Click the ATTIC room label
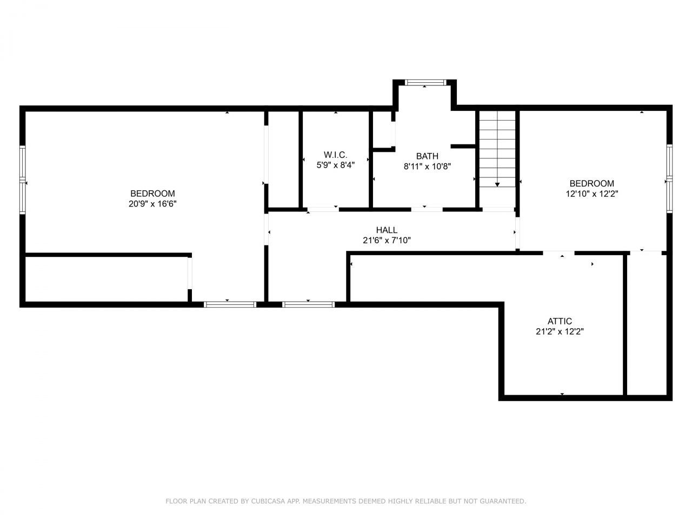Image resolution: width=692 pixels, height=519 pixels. tap(560, 321)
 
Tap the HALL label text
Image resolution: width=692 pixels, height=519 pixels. tap(387, 230)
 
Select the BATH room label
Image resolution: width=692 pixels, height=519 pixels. tap(427, 156)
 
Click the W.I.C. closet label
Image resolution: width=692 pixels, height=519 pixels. tap(335, 155)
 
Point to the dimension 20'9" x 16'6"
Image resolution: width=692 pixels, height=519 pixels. tap(152, 204)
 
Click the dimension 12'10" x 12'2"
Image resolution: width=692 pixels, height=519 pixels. tap(591, 194)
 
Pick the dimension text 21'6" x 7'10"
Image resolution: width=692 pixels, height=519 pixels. tap(387, 241)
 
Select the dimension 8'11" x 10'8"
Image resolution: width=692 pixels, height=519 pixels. tap(427, 167)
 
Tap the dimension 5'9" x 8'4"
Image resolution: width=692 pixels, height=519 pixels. tap(335, 165)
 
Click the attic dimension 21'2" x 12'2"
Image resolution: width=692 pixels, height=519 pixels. tap(560, 331)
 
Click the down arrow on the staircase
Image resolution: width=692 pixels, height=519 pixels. tap(497, 184)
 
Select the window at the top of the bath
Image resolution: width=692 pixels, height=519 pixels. tap(425, 83)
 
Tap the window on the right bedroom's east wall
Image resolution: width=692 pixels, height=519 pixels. tap(669, 178)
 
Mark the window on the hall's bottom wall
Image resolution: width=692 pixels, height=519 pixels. tap(308, 304)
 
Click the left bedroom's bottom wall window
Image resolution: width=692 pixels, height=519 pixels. tap(230, 304)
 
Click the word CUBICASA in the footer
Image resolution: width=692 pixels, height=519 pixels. tap(269, 501)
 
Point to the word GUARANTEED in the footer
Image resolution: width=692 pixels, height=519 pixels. tap(502, 501)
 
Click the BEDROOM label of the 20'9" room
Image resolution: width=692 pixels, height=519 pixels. tap(152, 194)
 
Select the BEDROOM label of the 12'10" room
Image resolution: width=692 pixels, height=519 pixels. tap(591, 183)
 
